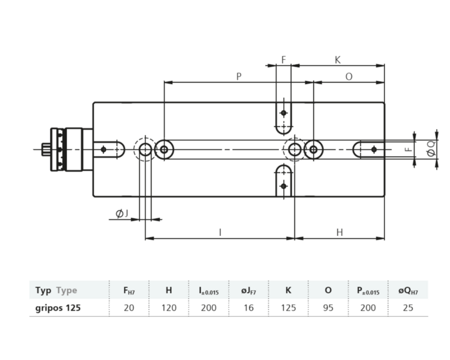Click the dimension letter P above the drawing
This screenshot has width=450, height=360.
coord(239,76)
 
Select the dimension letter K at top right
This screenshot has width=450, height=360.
coord(337,60)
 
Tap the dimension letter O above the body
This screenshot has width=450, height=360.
coord(348,76)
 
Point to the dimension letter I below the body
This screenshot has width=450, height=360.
coord(220,231)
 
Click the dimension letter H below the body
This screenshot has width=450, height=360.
coord(339,231)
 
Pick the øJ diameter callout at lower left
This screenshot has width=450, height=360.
coord(122,213)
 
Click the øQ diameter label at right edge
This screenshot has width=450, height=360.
coord(431,149)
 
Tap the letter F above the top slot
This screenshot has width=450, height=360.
coord(283,60)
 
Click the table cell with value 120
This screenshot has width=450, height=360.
coord(168,307)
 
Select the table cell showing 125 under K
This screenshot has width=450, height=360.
coord(288,307)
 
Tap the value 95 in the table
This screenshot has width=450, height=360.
coord(328,307)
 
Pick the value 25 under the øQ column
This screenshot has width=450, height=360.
coord(408,307)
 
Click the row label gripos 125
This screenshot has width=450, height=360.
coord(59,307)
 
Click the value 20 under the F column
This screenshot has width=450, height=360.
coord(129,307)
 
